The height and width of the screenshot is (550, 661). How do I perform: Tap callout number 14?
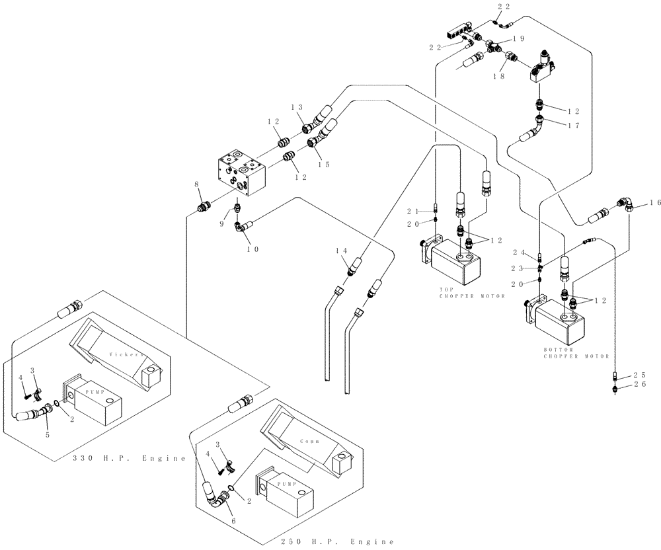[x=341, y=251]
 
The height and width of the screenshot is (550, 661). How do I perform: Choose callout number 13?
[x=295, y=107]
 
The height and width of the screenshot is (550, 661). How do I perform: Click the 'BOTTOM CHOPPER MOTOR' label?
[x=576, y=352]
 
